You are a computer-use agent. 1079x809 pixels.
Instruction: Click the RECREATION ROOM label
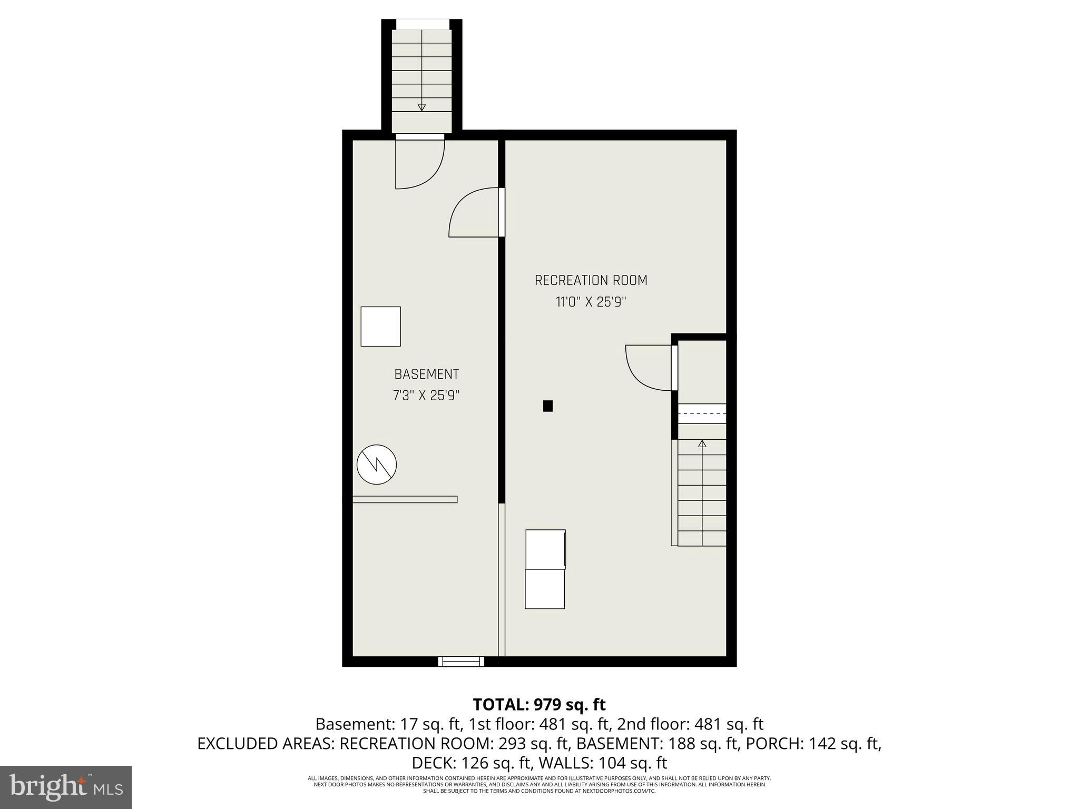591,281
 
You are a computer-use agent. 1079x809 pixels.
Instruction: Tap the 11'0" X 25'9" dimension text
591,302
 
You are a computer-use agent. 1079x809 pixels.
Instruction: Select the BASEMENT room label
427,374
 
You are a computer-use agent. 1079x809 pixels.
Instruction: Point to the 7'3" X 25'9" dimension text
427,396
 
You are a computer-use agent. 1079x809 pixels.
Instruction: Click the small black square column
548,406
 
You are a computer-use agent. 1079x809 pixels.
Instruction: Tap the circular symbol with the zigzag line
377,465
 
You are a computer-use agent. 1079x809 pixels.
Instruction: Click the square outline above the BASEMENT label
380,327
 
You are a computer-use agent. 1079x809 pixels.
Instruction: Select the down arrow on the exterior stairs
421,107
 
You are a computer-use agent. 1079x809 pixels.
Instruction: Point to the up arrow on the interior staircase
702,444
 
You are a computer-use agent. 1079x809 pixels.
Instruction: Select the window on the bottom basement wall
461,662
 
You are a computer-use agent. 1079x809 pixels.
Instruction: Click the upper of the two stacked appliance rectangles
545,549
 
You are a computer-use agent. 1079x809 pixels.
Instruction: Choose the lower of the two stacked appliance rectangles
545,589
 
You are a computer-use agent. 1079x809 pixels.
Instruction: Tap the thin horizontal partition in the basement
405,499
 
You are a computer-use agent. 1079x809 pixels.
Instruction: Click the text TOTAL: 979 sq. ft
539,705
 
